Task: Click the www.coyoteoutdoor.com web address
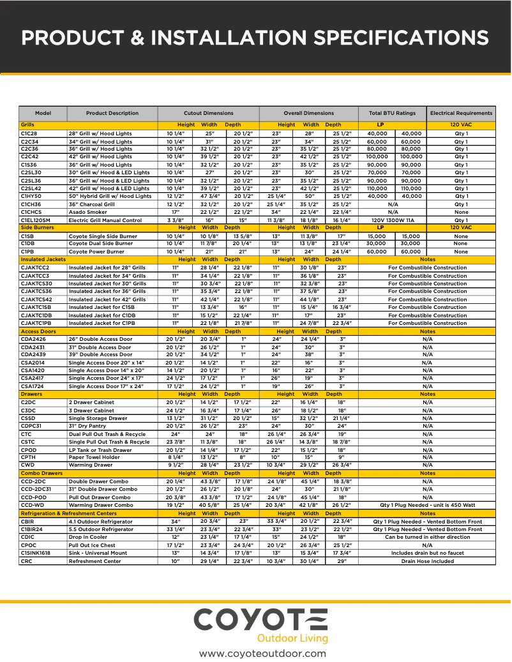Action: [262, 653]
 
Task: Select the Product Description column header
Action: [112, 113]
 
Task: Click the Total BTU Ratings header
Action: [392, 113]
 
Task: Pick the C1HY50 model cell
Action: [31, 196]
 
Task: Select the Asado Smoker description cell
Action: [88, 212]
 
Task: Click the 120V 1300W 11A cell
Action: [393, 220]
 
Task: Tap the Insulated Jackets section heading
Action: [43, 260]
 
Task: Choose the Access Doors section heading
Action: [38, 331]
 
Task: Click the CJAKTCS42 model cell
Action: [36, 299]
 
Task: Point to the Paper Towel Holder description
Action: [94, 457]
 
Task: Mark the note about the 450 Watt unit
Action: [427, 505]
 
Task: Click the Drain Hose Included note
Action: [427, 561]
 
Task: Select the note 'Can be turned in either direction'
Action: [427, 537]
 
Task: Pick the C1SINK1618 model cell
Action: [36, 553]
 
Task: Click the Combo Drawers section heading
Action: [42, 473]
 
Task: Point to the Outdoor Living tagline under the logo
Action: [292, 638]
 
